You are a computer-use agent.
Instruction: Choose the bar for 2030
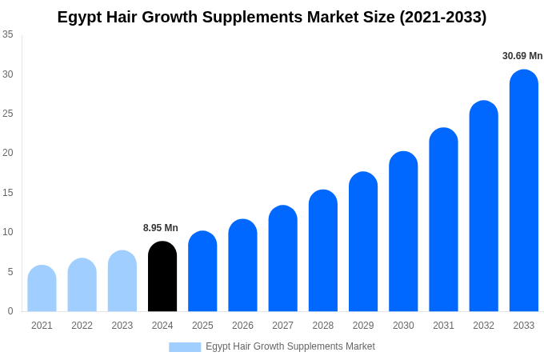click(x=403, y=231)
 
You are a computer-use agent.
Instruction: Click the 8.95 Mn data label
click(x=161, y=228)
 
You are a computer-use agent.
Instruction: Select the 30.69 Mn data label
click(x=522, y=56)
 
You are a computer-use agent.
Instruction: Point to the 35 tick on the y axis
click(x=8, y=34)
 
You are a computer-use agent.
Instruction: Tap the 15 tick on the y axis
click(x=8, y=193)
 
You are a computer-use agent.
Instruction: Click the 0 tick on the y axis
click(x=10, y=311)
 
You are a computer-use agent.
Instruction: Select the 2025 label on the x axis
click(x=202, y=326)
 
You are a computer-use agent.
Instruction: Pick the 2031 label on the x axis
click(x=443, y=326)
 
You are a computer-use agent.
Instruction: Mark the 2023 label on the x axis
click(x=122, y=326)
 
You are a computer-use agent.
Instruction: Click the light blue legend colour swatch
click(x=185, y=346)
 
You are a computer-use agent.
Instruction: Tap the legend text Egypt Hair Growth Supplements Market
click(x=290, y=346)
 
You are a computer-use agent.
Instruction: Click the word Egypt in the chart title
click(x=79, y=17)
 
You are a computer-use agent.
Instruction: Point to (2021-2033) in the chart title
click(x=443, y=17)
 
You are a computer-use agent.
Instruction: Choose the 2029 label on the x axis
click(x=363, y=326)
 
